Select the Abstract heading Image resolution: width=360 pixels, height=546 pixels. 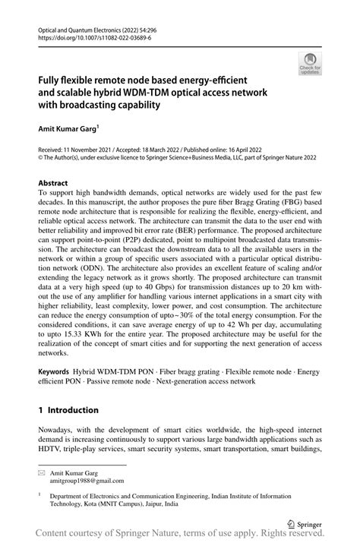(x=52, y=184)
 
